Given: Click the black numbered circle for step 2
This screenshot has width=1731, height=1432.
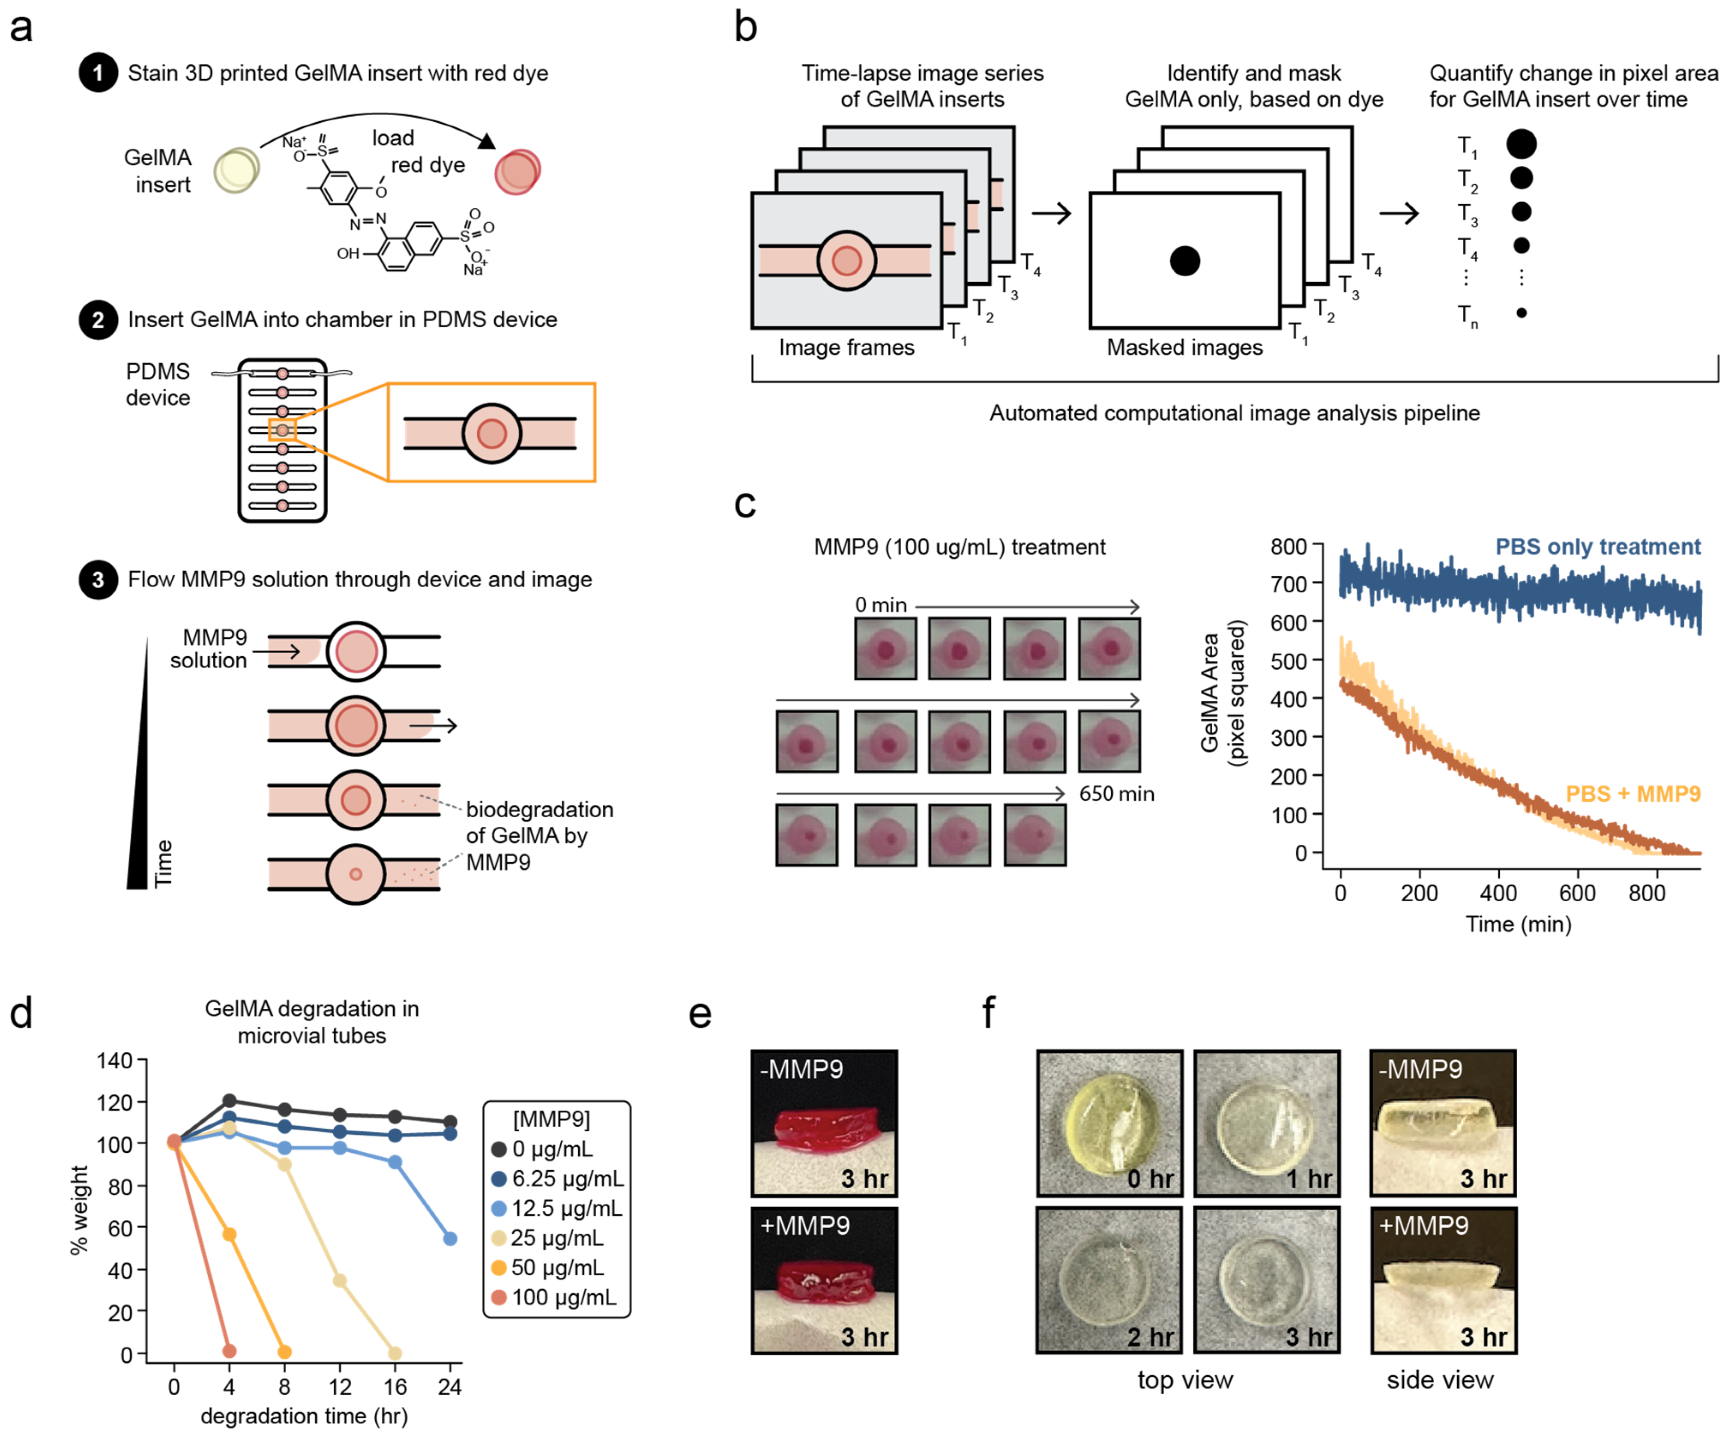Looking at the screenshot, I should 98,320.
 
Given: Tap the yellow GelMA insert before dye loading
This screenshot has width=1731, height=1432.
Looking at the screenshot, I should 236,170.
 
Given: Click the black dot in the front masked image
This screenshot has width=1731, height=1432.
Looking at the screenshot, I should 1184,261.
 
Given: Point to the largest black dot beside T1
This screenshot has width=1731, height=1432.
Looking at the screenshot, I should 1521,144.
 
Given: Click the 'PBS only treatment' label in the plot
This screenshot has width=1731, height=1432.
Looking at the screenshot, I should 1597,547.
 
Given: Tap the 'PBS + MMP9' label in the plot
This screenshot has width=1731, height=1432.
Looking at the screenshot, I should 1632,794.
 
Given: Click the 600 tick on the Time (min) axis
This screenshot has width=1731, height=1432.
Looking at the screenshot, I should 1577,893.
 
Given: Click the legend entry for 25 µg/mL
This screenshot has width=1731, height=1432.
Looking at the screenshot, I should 556,1238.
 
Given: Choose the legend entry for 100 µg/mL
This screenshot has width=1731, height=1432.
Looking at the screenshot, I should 563,1297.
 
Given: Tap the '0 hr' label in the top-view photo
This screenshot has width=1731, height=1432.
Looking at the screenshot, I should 1150,1179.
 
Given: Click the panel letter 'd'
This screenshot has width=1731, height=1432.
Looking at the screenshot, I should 21,1012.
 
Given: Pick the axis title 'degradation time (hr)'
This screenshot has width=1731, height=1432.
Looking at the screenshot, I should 304,1416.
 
